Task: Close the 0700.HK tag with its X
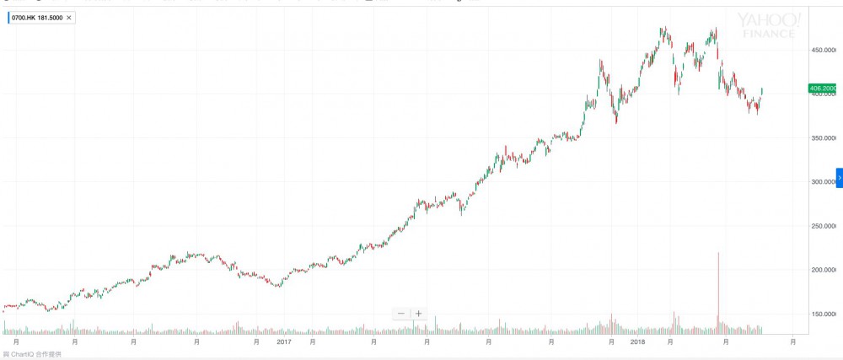point(68,17)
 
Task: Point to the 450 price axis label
point(821,51)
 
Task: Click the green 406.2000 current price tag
point(821,88)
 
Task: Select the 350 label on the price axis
point(821,138)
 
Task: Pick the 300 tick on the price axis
point(821,182)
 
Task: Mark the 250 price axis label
point(821,226)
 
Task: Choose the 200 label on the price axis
point(821,270)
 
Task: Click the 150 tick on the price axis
point(821,314)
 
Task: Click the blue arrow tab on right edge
point(839,178)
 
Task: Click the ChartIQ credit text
point(34,354)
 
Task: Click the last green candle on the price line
point(762,90)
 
